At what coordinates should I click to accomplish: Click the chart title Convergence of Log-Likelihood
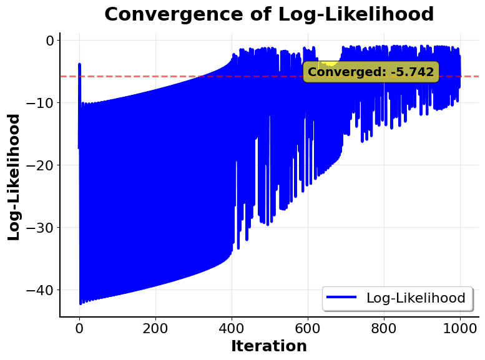pyautogui.click(x=269, y=14)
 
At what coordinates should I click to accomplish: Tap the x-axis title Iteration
pyautogui.click(x=269, y=346)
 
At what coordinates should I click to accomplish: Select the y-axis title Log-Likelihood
pyautogui.click(x=14, y=177)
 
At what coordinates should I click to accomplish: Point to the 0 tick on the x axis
pyautogui.click(x=79, y=328)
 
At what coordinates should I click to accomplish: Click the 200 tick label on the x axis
pyautogui.click(x=155, y=328)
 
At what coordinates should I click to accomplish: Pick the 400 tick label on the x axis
pyautogui.click(x=232, y=328)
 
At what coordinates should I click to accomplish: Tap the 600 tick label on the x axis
pyautogui.click(x=308, y=328)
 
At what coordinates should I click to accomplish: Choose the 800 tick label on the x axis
pyautogui.click(x=384, y=328)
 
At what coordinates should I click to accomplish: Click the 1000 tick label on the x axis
pyautogui.click(x=460, y=328)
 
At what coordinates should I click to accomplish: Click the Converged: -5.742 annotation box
pyautogui.click(x=371, y=72)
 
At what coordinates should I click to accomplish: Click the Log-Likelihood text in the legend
pyautogui.click(x=416, y=298)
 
